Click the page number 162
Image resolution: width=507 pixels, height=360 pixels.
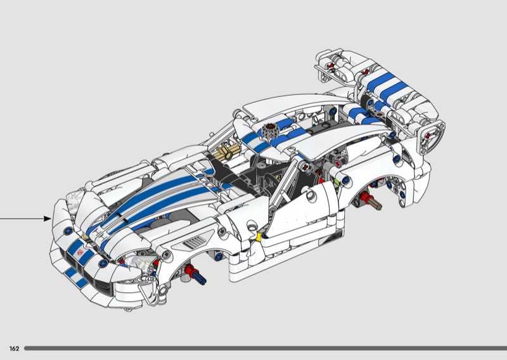coord(14,349)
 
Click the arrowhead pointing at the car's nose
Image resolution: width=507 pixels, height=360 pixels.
coord(48,219)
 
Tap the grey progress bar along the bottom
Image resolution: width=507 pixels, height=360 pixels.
coord(265,349)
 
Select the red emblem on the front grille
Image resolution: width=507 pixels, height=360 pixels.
coord(80,253)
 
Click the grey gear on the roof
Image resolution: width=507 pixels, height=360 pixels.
coord(269,131)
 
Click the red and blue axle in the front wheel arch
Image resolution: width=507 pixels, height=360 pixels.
coord(195,274)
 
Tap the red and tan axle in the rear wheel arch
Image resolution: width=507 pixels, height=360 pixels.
coord(371,200)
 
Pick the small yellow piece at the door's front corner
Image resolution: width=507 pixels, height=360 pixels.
coord(259,237)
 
